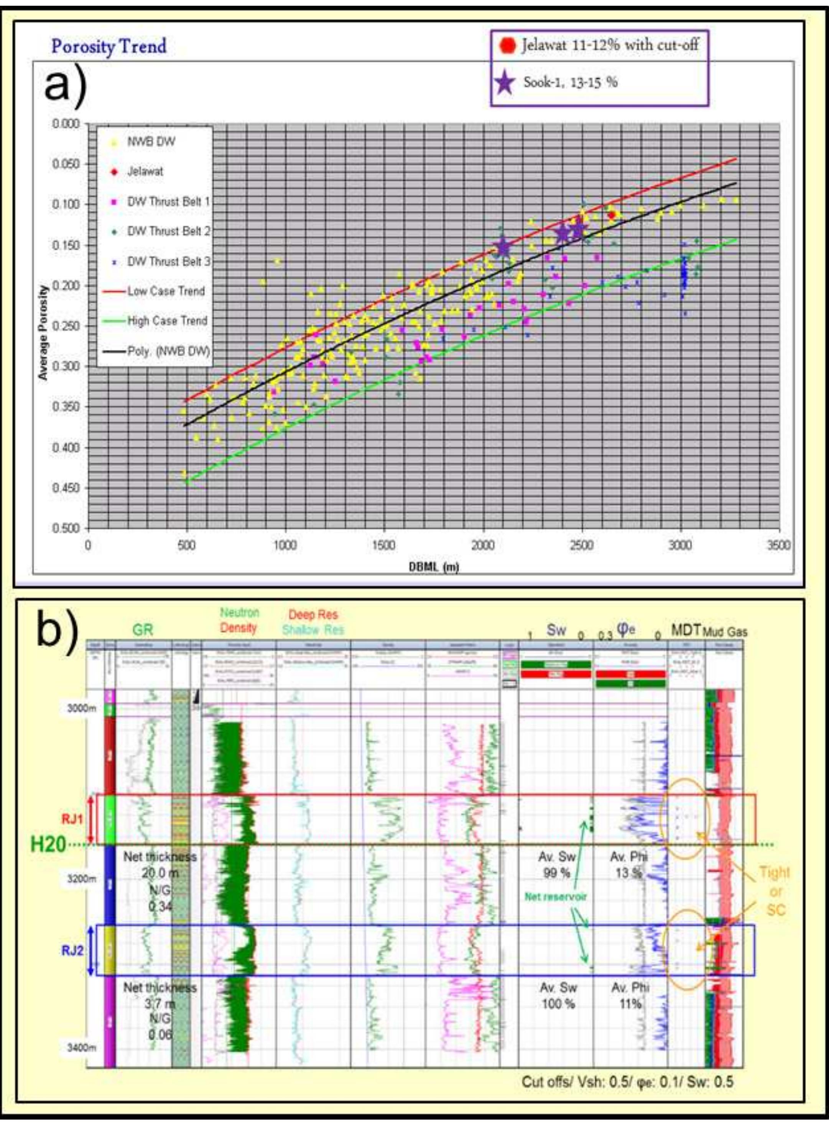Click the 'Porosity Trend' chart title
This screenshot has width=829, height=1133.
coord(109,47)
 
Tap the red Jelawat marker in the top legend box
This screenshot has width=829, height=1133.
coord(508,45)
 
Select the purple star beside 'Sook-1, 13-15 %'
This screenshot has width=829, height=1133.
coord(505,82)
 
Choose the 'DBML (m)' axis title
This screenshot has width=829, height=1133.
coord(434,567)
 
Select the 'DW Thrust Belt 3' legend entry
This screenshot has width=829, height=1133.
coord(169,261)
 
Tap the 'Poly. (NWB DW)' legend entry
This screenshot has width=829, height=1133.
coord(168,351)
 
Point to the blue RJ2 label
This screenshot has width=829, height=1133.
coord(73,951)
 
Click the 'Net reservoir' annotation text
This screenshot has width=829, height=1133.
coord(556,896)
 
